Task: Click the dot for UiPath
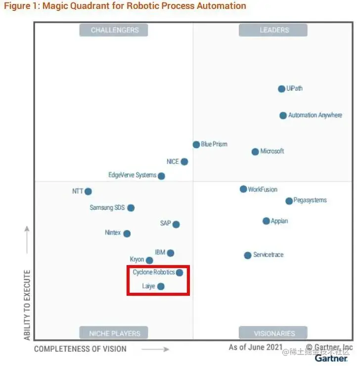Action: coord(281,89)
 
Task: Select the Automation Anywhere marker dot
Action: coord(283,116)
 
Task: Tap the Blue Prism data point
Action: coord(196,144)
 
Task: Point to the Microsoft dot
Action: coord(255,152)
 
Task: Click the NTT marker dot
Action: coord(88,191)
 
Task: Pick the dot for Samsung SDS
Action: coord(131,208)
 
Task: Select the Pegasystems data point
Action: coord(289,201)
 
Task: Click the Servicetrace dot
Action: coord(247,256)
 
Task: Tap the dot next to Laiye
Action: coord(161,286)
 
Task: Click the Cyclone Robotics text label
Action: coord(153,273)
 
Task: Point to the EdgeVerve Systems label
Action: coord(132,175)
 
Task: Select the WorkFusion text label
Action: coord(263,189)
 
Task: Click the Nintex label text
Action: coord(113,232)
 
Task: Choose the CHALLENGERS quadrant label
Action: coord(114,30)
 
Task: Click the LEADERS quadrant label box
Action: coord(273,30)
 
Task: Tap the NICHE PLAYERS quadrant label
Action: coord(114,333)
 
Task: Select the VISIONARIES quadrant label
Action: coord(273,333)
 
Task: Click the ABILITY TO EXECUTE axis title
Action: coord(27,305)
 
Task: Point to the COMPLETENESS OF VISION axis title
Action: coord(80,349)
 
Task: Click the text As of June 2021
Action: coord(255,347)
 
